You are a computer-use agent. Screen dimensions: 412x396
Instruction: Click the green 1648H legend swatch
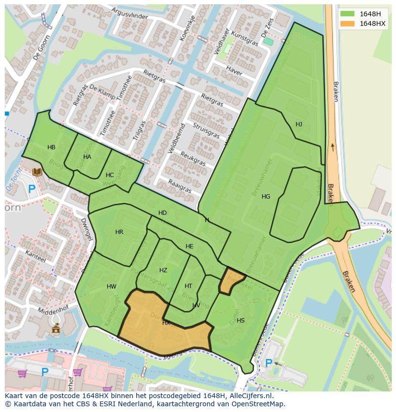point(348,14)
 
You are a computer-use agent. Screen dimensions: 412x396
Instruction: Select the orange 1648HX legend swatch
point(348,23)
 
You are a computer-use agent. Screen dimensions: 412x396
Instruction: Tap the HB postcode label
point(51,147)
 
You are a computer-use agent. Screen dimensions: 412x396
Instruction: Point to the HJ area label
point(299,124)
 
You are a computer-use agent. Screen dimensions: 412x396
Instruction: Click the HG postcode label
point(266,197)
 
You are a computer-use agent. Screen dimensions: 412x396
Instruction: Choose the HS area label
point(241,321)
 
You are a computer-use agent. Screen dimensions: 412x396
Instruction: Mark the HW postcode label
point(111,287)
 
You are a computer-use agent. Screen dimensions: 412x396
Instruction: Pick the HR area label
point(119,232)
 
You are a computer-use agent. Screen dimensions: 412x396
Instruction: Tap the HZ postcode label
point(163,270)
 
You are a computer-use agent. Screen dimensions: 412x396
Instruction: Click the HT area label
point(188,286)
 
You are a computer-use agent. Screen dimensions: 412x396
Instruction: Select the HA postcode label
point(87,157)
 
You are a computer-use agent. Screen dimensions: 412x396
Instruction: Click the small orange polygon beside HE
point(231,281)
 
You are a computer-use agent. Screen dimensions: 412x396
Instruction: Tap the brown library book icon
point(37,172)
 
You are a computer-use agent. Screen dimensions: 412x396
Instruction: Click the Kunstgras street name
point(244,38)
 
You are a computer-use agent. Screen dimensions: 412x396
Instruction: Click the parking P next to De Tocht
point(32,189)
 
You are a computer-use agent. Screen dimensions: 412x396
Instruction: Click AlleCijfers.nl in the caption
point(249,396)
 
